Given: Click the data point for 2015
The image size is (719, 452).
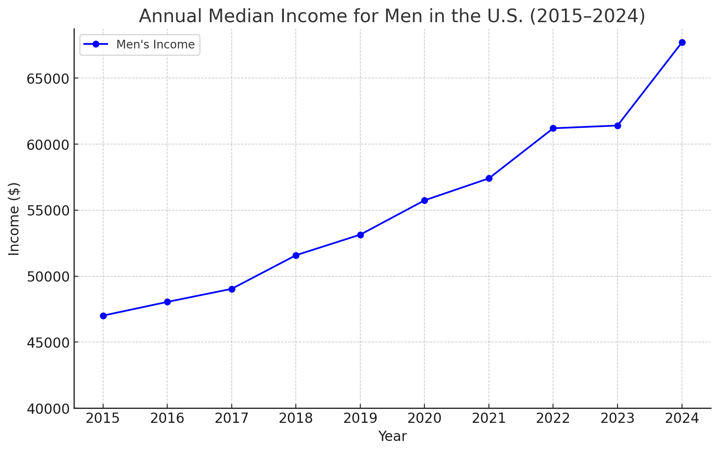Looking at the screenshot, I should click(103, 316).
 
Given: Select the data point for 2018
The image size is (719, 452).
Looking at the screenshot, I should click(296, 255).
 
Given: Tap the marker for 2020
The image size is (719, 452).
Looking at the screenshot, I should click(424, 200).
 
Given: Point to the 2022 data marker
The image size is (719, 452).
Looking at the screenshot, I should click(553, 128).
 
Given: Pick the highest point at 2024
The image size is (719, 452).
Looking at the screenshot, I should click(682, 42).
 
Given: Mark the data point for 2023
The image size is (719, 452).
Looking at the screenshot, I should click(618, 126).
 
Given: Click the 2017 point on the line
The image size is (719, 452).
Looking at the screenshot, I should click(232, 289).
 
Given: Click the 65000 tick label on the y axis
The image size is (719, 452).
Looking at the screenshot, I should click(47, 78).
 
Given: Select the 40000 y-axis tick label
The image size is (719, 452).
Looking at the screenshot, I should click(47, 408).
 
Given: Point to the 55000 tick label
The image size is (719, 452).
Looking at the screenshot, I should click(47, 211).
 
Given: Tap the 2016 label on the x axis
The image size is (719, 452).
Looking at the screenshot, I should click(167, 419).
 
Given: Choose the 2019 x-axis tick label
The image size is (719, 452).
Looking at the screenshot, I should click(360, 419).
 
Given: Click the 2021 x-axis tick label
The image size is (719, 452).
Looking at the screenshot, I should click(489, 419).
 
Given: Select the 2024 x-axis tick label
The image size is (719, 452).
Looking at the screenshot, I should click(682, 419).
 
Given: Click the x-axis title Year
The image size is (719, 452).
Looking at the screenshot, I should click(392, 436).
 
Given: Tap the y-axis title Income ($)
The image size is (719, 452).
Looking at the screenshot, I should click(14, 218).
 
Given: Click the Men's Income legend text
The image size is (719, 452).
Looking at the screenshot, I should click(155, 45).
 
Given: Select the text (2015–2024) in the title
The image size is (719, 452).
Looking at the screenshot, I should click(588, 16).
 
